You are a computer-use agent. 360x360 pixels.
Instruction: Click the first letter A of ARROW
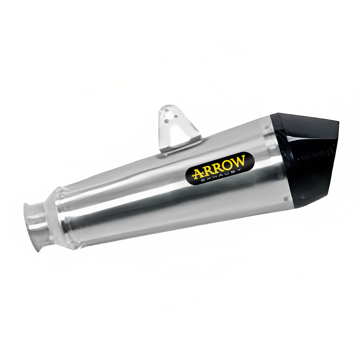198,173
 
